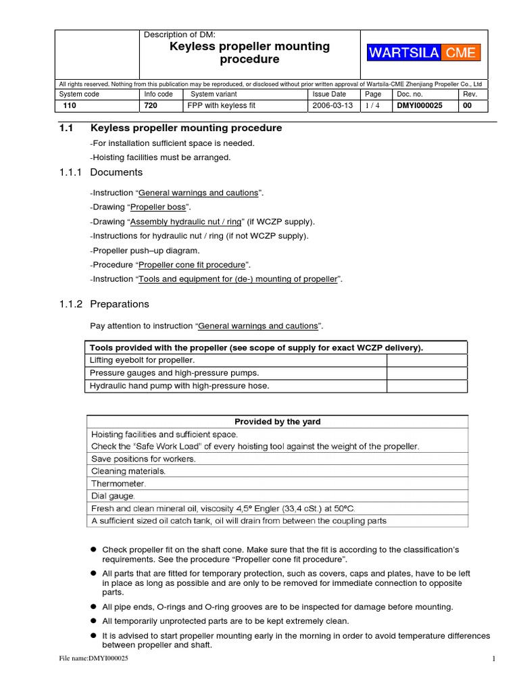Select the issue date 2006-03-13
(333, 106)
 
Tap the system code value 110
(70, 106)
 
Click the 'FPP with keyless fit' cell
(221, 106)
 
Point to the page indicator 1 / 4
(373, 106)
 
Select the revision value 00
(468, 106)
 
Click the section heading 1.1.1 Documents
(101, 172)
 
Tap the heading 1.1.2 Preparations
(104, 304)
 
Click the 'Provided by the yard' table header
(277, 422)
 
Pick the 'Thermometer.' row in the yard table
(118, 484)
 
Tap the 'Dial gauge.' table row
(114, 496)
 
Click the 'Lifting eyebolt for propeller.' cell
(143, 360)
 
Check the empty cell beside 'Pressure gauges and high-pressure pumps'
(426, 373)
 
